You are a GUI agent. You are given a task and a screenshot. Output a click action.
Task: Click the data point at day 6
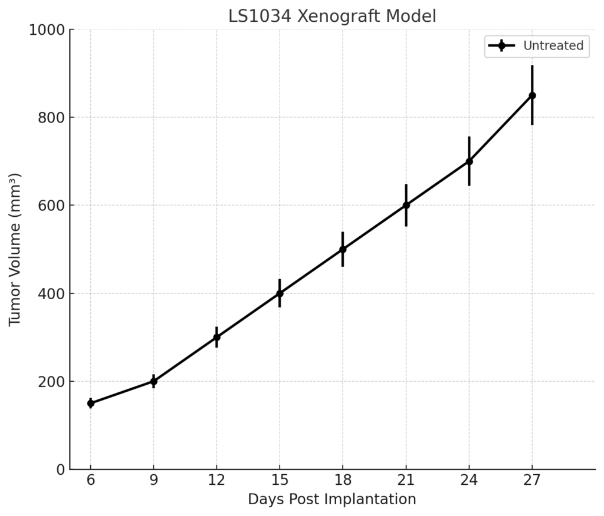coord(91,403)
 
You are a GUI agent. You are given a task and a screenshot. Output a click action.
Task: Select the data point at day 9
coord(154,382)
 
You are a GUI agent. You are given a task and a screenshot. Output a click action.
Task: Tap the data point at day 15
coord(280,293)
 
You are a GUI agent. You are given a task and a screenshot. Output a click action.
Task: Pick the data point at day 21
coord(406,206)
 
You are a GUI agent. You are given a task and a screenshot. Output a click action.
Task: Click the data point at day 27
coord(532,95)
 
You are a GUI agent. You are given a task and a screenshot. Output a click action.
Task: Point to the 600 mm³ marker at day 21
coord(406,206)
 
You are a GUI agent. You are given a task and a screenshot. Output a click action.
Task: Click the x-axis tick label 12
coord(216,481)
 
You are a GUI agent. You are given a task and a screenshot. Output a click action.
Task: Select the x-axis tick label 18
coord(343,481)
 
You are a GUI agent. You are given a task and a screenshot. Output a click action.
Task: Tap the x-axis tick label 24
coord(469,481)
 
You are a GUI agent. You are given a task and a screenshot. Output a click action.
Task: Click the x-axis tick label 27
coord(532,481)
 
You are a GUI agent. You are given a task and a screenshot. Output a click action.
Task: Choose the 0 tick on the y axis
coord(60,469)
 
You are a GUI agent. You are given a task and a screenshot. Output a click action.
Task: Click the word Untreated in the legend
coord(553,46)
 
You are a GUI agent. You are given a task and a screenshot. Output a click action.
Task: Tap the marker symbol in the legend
coord(501,46)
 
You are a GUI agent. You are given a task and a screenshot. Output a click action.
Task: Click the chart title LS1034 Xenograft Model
coord(332,16)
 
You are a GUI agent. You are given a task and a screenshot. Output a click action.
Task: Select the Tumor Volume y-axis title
coord(15,249)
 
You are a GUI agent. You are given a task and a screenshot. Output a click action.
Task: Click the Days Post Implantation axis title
coord(332,500)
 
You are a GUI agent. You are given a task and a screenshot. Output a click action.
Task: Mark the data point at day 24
coord(469,161)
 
